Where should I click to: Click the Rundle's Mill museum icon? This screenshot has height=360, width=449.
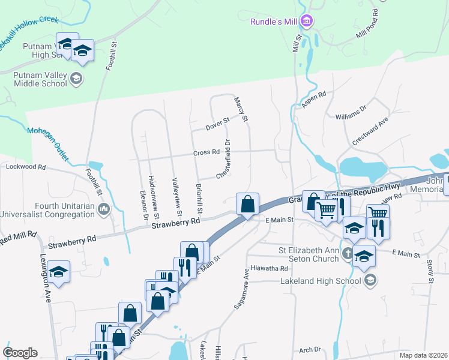coord(307,22)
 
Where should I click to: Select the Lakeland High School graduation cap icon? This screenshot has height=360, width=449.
coord(371,279)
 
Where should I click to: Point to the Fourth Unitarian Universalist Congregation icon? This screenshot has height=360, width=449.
coord(104,209)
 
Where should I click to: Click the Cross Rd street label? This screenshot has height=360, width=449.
coord(206,153)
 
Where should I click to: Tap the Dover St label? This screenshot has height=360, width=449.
coord(217,124)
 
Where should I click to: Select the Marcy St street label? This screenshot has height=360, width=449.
coord(241,110)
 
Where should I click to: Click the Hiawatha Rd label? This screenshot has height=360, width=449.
coord(270,268)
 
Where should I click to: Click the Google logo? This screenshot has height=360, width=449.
coord(20,353)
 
